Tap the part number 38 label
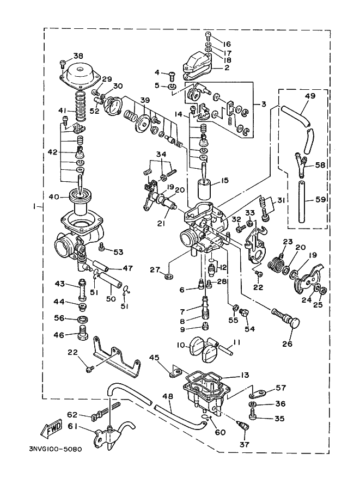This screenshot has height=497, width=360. pyautogui.click(x=78, y=56)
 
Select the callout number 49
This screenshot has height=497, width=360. pyautogui.click(x=310, y=95)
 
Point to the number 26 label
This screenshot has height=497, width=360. pyautogui.click(x=288, y=343)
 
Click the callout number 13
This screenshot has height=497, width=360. pyautogui.click(x=245, y=375)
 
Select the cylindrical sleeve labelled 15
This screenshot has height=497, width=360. pyautogui.click(x=205, y=189)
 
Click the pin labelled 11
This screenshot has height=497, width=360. pyautogui.click(x=225, y=350)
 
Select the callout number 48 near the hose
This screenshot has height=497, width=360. pyautogui.click(x=169, y=396)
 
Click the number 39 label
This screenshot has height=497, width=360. pyautogui.click(x=145, y=100)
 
